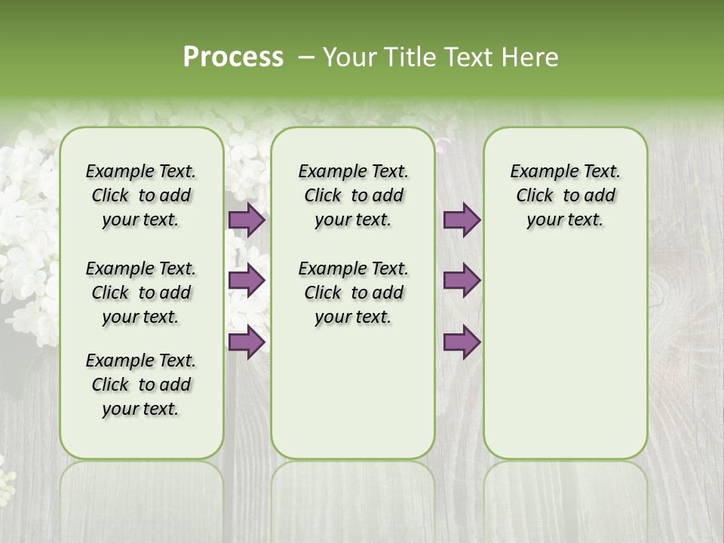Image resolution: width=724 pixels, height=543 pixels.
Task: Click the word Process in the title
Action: point(233,57)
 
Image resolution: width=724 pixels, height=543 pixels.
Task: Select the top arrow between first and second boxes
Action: point(246,220)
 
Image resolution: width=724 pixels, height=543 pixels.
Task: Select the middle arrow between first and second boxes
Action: point(246,281)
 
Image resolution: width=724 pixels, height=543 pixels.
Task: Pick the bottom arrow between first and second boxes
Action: point(246,342)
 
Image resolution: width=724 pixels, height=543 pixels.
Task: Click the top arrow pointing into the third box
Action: point(462,220)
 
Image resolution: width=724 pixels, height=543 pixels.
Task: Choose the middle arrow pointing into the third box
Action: point(462,281)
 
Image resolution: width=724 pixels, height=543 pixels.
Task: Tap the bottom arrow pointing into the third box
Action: point(462,342)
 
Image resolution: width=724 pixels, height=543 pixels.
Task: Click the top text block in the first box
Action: point(141,195)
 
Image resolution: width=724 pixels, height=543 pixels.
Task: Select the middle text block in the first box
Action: point(141,293)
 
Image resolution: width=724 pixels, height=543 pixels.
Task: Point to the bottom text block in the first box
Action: point(141,385)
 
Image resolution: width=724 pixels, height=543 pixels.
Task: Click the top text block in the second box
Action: point(353,195)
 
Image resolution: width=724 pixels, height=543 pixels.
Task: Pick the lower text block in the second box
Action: point(353,293)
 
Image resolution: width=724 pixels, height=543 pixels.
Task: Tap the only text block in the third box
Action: point(565,195)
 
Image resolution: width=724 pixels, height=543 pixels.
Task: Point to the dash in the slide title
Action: point(306,57)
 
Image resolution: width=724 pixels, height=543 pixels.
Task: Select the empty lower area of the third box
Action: point(565,354)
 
